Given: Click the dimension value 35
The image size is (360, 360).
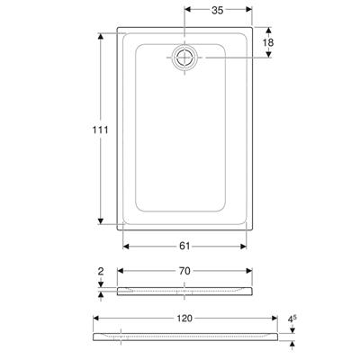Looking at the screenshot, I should [216, 12].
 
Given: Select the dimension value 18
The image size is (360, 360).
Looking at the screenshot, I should [268, 42].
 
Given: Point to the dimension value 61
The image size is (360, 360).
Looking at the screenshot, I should [185, 246].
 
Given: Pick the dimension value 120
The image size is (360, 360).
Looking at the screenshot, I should [184, 319].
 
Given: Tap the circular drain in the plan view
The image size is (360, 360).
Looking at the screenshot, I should [184, 57].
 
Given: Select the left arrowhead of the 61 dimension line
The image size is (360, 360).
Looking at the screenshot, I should [124, 246].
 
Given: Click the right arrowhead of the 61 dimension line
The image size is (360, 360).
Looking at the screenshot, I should [245, 246].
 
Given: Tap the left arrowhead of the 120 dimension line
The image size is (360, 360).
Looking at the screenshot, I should [97, 319].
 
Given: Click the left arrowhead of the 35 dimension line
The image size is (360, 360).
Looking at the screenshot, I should [187, 12].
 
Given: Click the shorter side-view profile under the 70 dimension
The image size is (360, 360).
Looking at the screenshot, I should [184, 290].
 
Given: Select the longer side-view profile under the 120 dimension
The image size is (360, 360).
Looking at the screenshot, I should [184, 337].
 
